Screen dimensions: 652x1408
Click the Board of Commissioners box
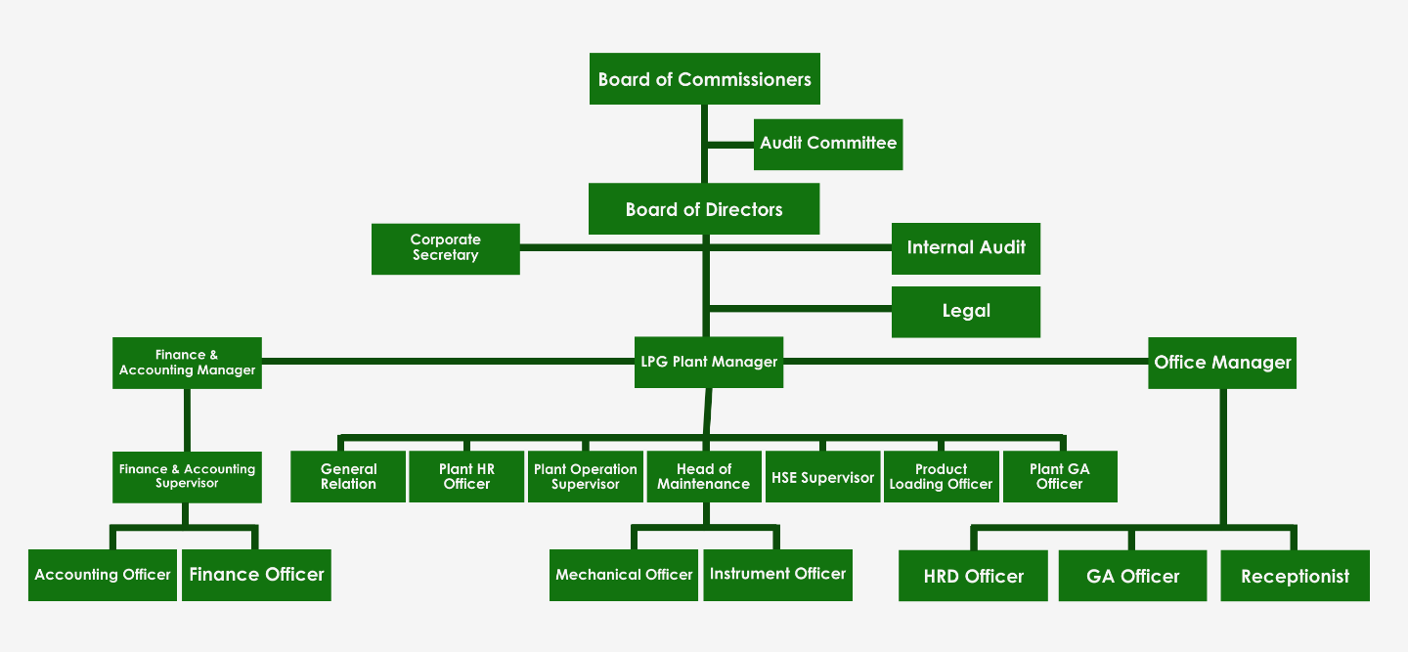[704, 79]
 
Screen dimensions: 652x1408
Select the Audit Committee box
[828, 144]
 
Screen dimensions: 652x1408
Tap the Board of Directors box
[704, 209]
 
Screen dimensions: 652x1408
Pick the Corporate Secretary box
[445, 248]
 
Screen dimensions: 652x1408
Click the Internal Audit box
[965, 248]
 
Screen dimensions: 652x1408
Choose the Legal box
[965, 312]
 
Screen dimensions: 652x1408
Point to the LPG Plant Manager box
[709, 362]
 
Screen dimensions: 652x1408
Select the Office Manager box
[1222, 363]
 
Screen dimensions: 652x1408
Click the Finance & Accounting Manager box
[187, 363]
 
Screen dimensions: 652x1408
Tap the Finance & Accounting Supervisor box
[187, 477]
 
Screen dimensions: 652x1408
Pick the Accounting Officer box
[103, 575]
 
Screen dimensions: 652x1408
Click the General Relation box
[348, 477]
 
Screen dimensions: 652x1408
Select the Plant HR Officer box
[466, 477]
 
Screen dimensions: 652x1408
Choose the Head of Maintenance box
[703, 477]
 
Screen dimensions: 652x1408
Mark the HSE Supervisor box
[822, 477]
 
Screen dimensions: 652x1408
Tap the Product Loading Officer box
[941, 477]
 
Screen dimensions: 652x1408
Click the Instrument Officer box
[777, 575]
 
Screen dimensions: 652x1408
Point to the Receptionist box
[1295, 576]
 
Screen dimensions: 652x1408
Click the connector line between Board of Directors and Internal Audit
[802, 247]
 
